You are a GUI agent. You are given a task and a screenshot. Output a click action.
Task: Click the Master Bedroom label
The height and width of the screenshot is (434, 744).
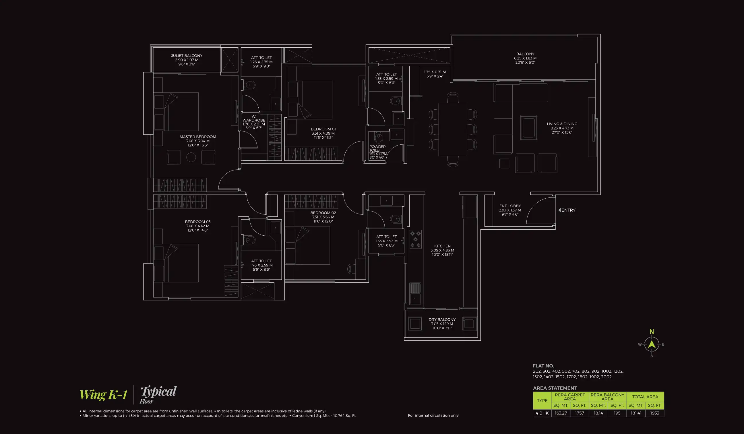pos(197,141)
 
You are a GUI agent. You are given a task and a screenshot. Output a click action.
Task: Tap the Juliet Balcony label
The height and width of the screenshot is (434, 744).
pos(187,60)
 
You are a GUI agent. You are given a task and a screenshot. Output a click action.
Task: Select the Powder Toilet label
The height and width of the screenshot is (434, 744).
pos(378,152)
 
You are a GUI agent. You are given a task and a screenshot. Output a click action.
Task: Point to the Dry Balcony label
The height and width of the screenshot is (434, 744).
pos(442,323)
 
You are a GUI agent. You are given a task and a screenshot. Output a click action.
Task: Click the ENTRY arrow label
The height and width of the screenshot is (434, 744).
pos(567,210)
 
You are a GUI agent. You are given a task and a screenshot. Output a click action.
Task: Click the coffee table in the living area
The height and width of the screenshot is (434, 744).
pos(528,128)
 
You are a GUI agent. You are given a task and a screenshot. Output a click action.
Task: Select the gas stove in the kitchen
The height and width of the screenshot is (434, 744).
pos(415,239)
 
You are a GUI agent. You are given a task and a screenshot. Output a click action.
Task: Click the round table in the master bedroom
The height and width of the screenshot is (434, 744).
pos(191,157)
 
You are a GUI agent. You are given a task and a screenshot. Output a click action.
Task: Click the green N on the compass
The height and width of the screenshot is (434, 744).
pos(652,332)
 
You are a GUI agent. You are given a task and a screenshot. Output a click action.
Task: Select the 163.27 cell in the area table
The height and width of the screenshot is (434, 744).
pos(560,413)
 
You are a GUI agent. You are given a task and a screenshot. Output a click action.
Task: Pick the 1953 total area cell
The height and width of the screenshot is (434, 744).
pos(654,413)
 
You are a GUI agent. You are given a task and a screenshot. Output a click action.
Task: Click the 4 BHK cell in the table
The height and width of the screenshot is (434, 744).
pos(542,413)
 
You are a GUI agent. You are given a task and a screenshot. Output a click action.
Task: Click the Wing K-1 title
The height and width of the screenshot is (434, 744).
pos(103,395)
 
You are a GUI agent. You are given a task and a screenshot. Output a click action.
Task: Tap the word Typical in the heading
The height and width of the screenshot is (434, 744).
pos(158,392)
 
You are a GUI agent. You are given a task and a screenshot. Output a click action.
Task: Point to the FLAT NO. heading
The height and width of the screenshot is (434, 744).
pos(543,366)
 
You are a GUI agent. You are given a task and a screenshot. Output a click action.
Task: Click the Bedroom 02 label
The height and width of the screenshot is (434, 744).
pos(323,217)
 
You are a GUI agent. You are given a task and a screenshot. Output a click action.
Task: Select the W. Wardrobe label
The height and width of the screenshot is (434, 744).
pos(254,122)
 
